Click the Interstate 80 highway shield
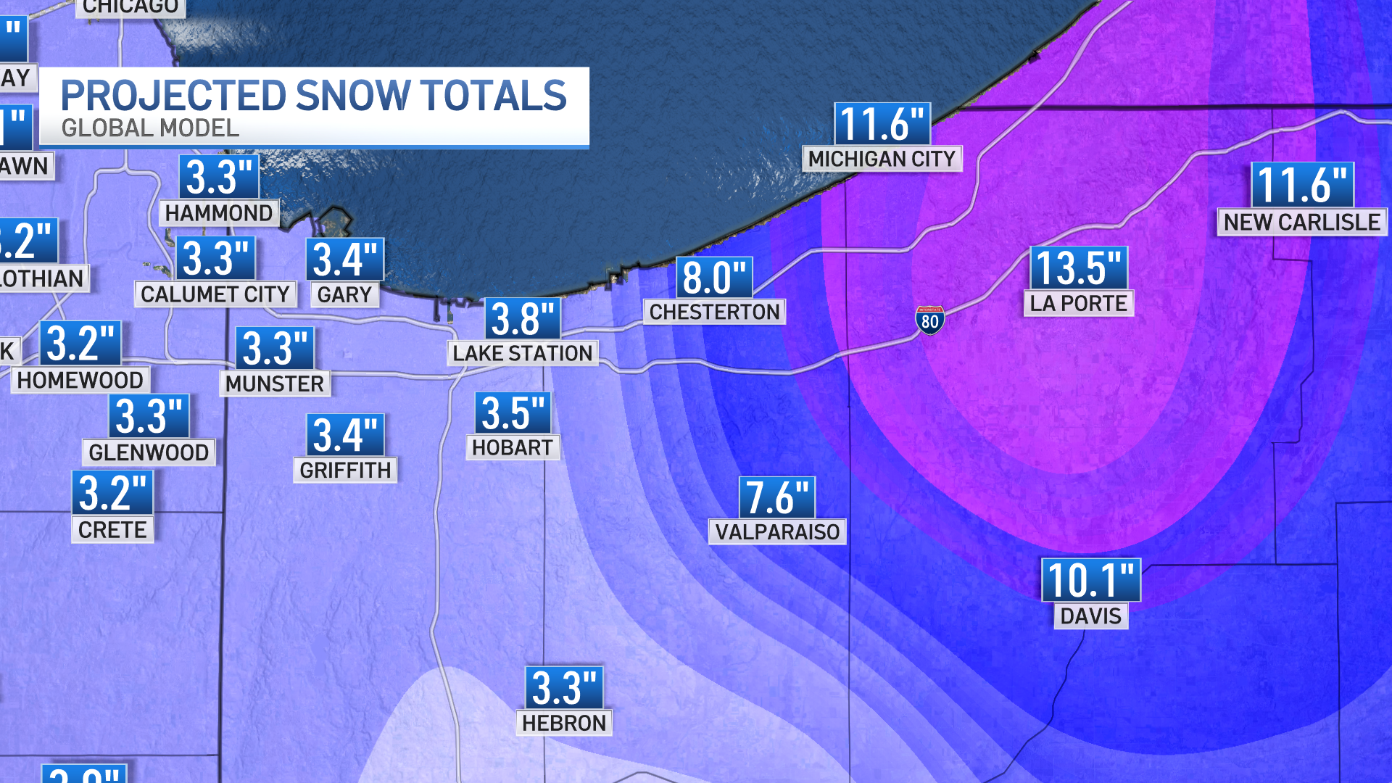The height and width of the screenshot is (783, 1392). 929,320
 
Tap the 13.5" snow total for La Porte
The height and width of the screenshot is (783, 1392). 1079,268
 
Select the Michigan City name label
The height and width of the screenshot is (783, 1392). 882,159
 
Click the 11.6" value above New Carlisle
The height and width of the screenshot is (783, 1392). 1302,185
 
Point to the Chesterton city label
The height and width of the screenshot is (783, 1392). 714,312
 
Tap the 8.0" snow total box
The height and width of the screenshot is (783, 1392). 714,278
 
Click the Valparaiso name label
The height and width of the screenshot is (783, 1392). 777,532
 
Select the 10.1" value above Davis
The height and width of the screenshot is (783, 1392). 1091,580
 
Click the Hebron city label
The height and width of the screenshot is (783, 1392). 564,723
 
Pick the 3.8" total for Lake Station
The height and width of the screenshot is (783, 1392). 523,319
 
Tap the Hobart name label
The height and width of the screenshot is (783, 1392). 513,447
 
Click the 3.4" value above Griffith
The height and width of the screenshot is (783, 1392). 345,435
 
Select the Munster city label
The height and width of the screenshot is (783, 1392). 275,384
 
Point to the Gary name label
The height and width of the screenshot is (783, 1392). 344,295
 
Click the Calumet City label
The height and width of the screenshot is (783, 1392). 215,294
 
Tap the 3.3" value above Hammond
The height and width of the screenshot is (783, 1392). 219,177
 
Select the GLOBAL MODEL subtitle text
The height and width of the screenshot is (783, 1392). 150,128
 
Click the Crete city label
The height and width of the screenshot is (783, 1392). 112,530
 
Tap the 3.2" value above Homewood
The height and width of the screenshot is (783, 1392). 80,344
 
